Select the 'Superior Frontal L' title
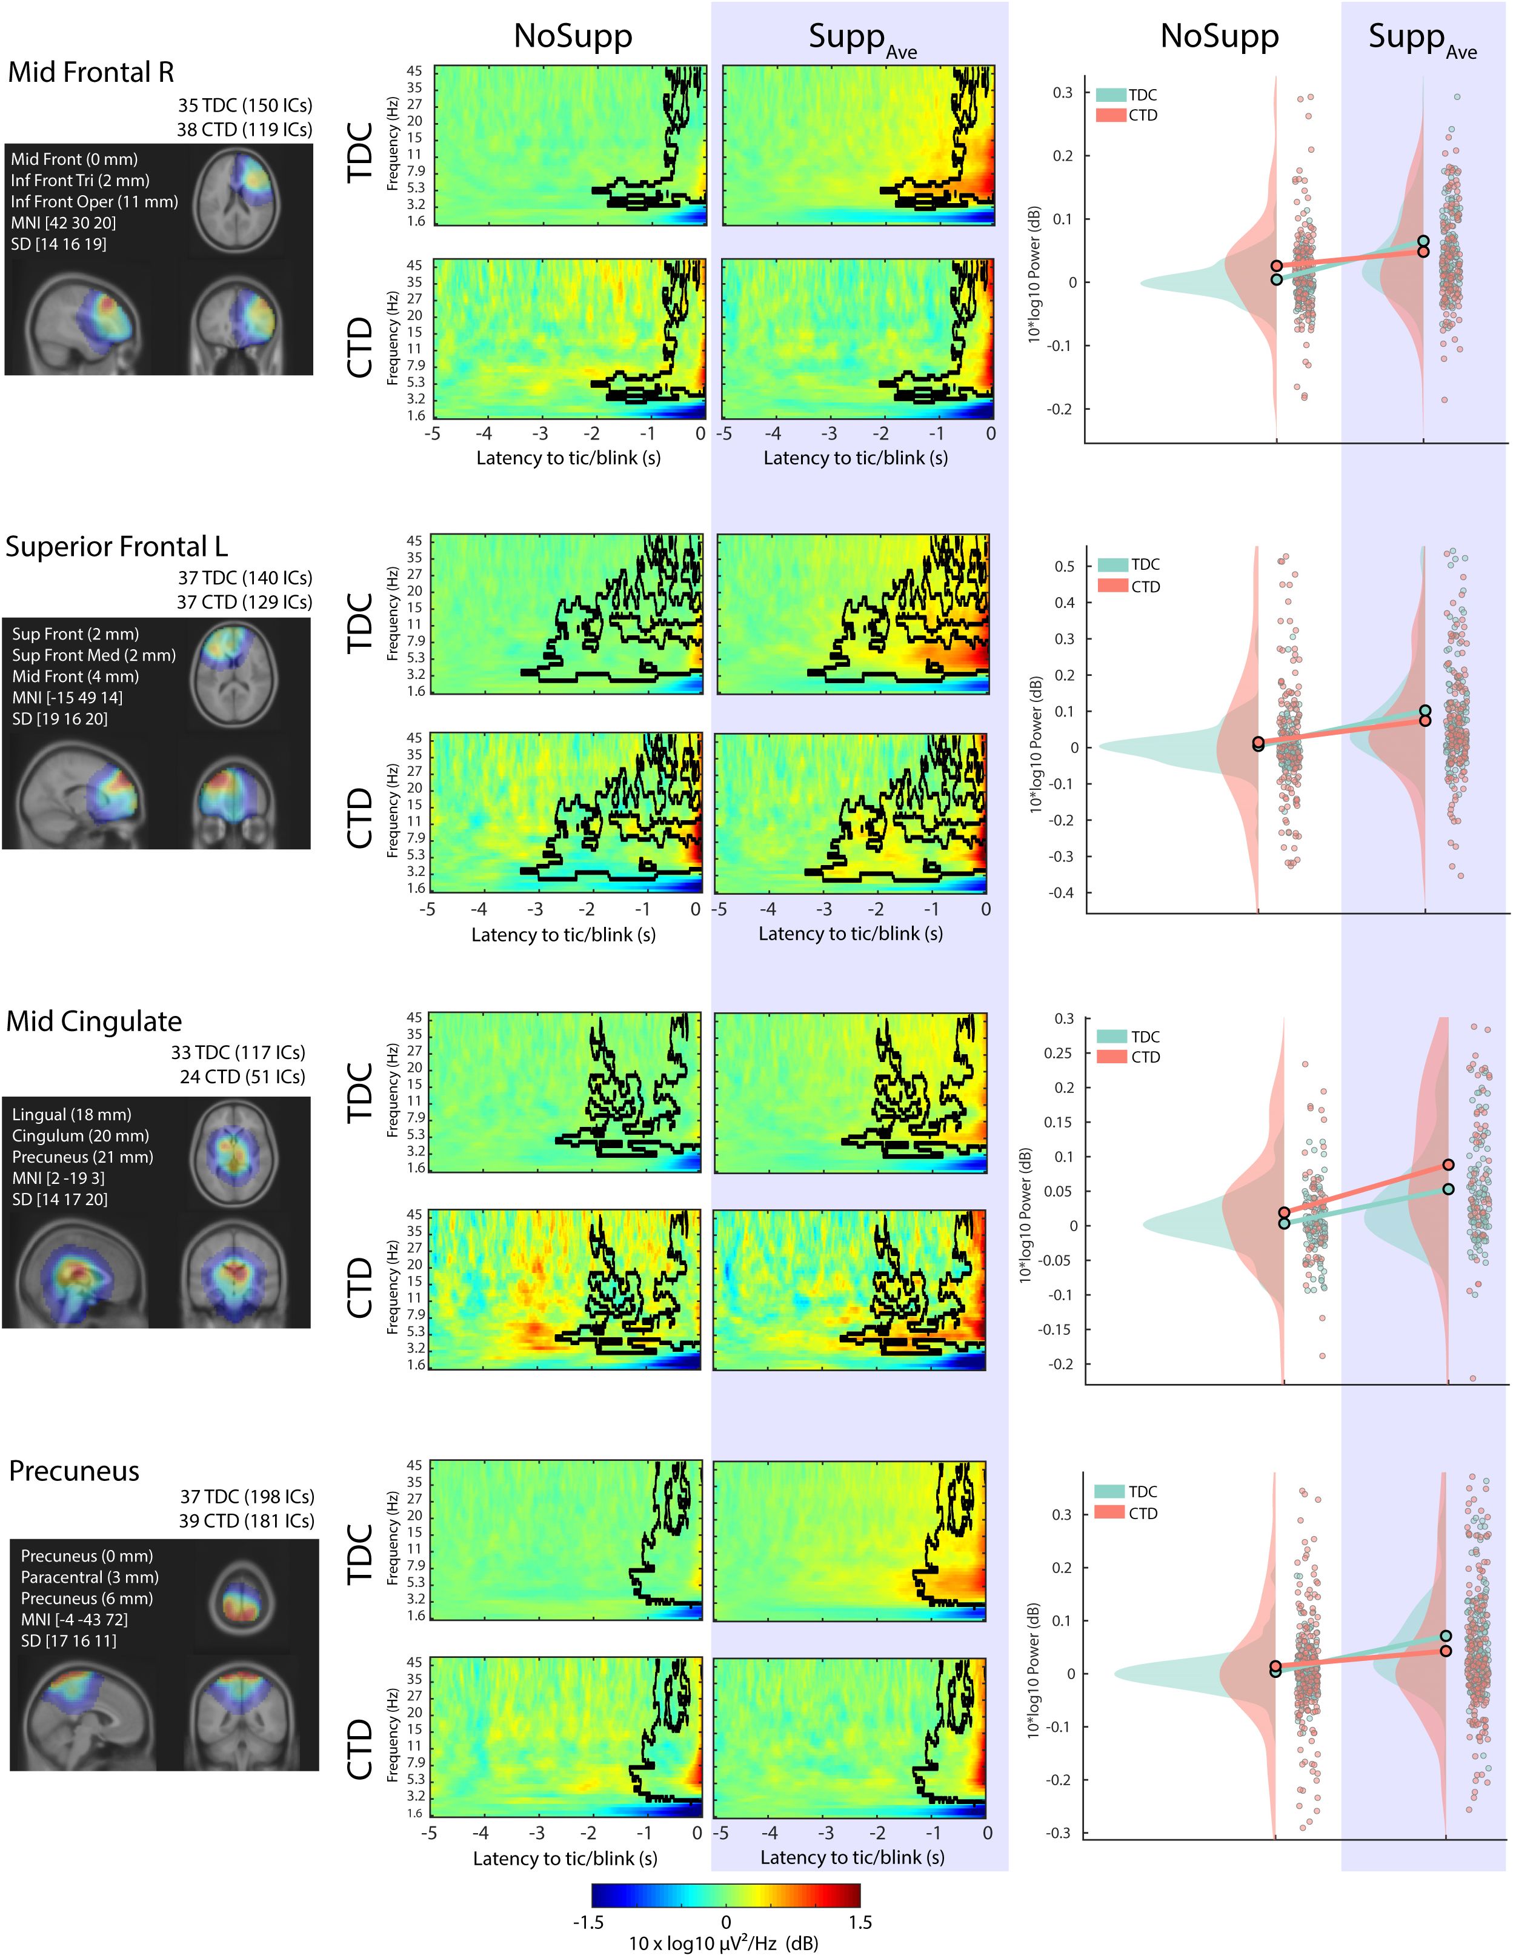tap(116, 547)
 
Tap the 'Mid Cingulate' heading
tap(93, 1021)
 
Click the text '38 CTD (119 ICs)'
tap(244, 130)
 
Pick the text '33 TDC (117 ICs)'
tap(238, 1052)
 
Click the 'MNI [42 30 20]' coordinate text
tap(64, 223)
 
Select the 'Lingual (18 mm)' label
tap(71, 1114)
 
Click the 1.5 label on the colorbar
tap(860, 1922)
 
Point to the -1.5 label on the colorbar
tap(588, 1922)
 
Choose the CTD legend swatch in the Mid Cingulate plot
tap(1111, 1057)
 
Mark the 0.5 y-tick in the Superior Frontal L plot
tap(1064, 567)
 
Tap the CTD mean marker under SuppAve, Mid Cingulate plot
tap(1448, 1164)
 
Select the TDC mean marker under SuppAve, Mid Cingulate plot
tap(1448, 1189)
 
